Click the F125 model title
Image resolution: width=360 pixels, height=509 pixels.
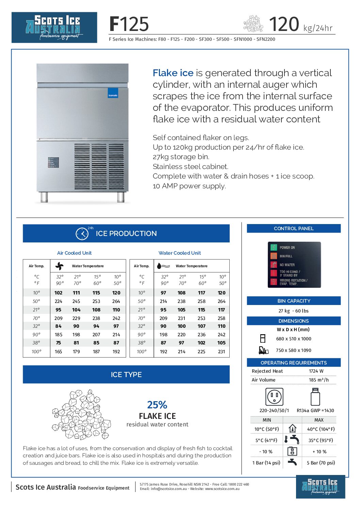tap(129, 24)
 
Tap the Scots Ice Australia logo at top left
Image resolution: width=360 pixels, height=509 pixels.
tap(54, 28)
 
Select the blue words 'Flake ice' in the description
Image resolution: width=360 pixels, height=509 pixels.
tap(173, 73)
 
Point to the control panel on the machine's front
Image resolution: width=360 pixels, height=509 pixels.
tap(53, 163)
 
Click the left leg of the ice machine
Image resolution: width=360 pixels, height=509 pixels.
tap(44, 197)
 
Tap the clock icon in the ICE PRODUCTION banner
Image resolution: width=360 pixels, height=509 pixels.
tap(82, 234)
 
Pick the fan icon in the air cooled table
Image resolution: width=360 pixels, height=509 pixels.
tap(59, 266)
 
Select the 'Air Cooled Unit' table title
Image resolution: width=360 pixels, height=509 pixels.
tap(74, 253)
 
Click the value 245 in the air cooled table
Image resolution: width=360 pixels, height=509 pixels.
tap(76, 301)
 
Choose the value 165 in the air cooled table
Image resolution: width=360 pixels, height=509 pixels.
tap(59, 352)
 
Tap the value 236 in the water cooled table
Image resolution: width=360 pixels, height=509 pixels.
tap(201, 335)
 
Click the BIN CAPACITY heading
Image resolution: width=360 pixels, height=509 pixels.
tap(294, 301)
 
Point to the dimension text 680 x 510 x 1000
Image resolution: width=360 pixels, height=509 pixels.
tap(293, 339)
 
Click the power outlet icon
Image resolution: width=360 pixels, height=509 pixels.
tap(274, 396)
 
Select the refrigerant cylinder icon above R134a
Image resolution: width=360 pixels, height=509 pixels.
tap(315, 396)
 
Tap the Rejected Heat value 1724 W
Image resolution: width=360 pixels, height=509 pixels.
tap(316, 371)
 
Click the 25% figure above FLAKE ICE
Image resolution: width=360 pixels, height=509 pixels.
tap(157, 405)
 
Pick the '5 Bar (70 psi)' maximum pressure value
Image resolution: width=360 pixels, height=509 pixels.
tap(321, 463)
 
